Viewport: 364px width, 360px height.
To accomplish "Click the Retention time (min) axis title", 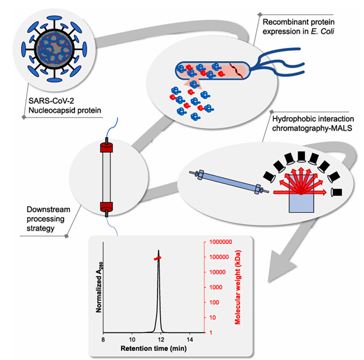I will tap(147, 348).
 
